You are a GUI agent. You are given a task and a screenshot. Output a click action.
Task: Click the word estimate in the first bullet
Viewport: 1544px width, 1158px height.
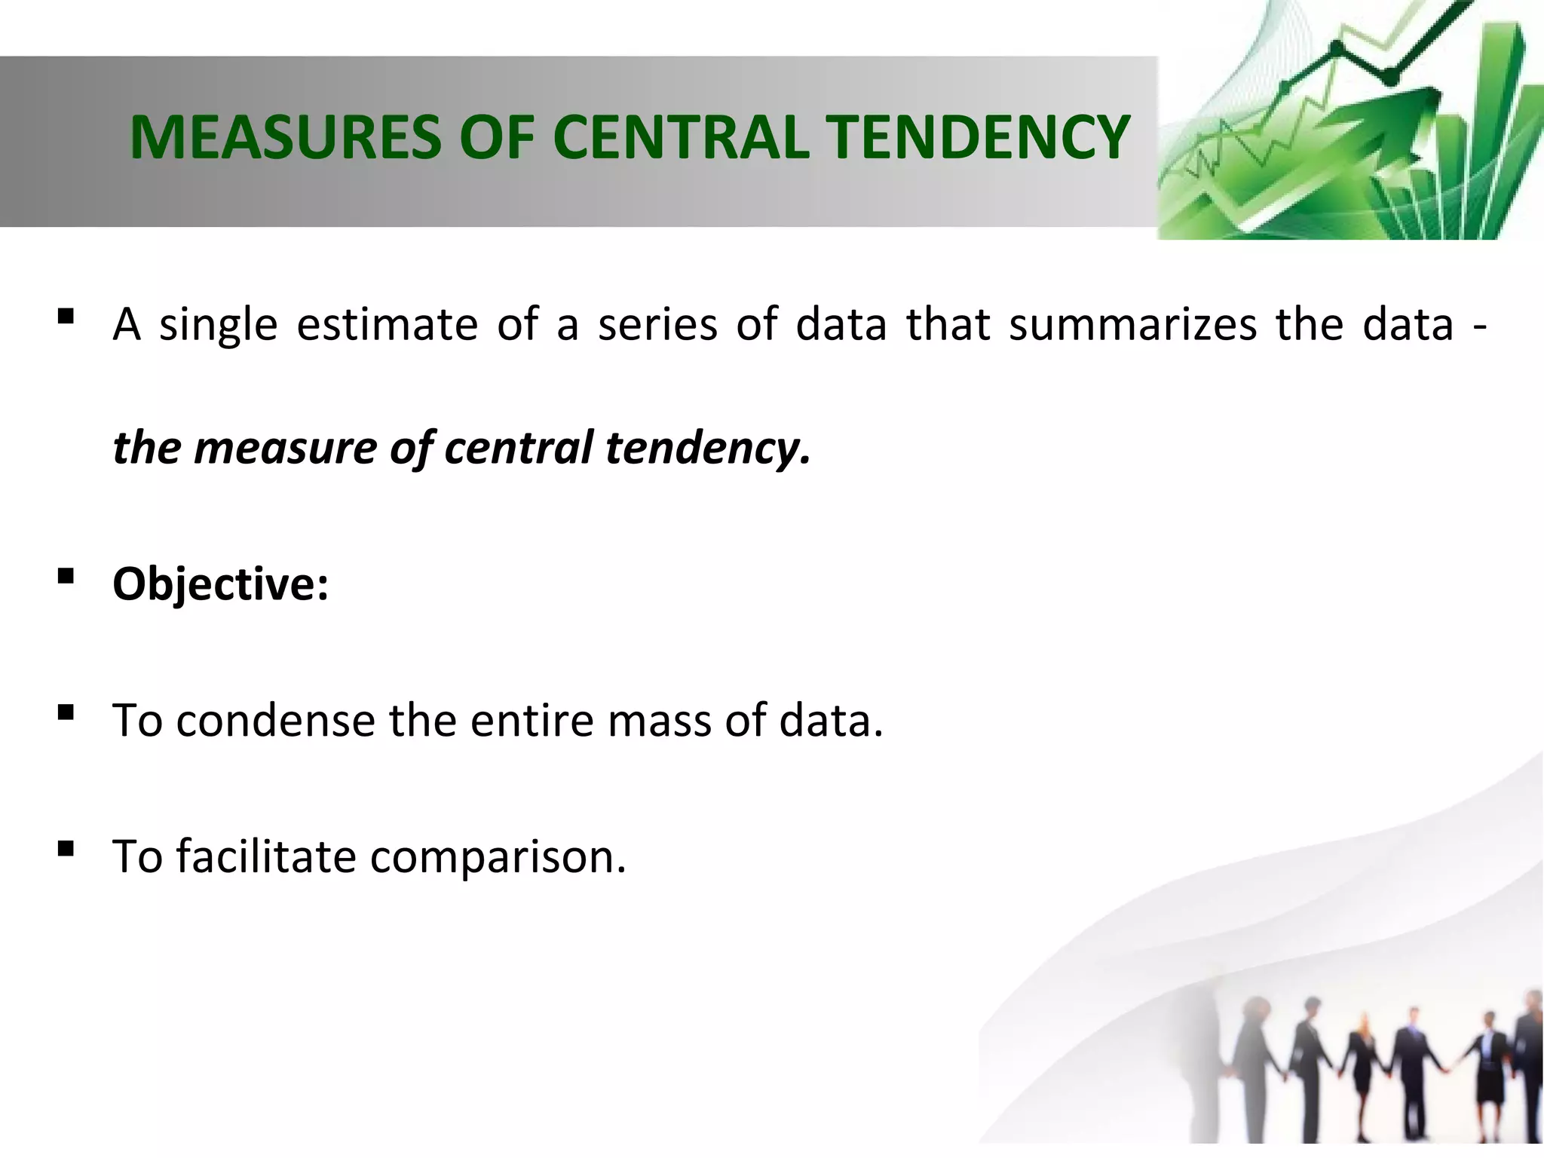[x=388, y=325]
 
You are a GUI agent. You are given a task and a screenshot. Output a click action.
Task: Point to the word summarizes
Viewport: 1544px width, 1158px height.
[x=1133, y=325]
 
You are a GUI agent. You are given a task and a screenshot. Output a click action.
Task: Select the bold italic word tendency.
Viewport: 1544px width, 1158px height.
[x=708, y=448]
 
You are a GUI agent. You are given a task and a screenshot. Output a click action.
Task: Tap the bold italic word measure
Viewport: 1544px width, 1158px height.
[x=286, y=448]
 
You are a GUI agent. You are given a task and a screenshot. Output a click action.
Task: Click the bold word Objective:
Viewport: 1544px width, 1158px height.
[x=220, y=584]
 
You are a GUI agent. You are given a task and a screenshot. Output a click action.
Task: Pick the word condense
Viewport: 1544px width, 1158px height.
[x=275, y=721]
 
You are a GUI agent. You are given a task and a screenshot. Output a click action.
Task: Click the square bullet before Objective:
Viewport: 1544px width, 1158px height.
[x=66, y=577]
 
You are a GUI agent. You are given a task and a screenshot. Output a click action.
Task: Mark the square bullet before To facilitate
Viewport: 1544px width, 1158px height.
[x=66, y=850]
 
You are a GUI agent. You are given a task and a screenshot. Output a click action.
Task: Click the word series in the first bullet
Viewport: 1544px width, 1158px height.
[x=657, y=325]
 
